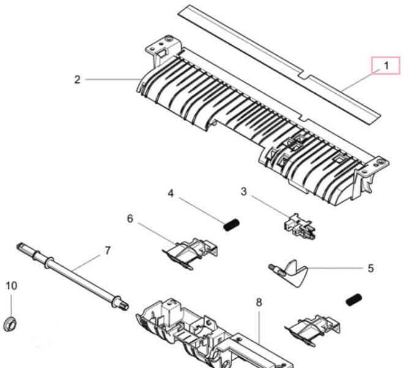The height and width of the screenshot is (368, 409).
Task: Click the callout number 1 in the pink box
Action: click(x=386, y=66)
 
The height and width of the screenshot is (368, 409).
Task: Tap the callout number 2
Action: click(x=77, y=80)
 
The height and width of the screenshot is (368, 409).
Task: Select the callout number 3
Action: click(x=244, y=191)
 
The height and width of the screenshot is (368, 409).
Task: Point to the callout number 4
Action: click(x=171, y=194)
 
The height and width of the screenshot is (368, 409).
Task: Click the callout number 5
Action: click(x=370, y=269)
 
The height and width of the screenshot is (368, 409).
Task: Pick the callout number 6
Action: click(x=130, y=218)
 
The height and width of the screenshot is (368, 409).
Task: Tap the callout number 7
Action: click(x=108, y=251)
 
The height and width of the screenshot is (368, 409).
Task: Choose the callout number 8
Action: click(x=259, y=302)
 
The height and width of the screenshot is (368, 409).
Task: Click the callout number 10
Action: click(x=12, y=286)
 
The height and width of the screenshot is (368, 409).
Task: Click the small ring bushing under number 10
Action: click(x=10, y=324)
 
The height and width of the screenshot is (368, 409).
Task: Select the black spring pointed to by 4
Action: click(x=231, y=224)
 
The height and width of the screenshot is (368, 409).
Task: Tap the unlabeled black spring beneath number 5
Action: click(x=354, y=299)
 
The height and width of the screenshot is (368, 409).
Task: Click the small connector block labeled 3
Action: click(x=299, y=226)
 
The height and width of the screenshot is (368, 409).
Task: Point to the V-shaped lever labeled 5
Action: click(x=289, y=272)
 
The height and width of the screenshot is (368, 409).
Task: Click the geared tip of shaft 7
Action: click(x=124, y=305)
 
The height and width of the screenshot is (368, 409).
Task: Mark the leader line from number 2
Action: click(x=113, y=79)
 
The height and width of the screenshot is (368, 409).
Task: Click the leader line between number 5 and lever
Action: click(x=336, y=268)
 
